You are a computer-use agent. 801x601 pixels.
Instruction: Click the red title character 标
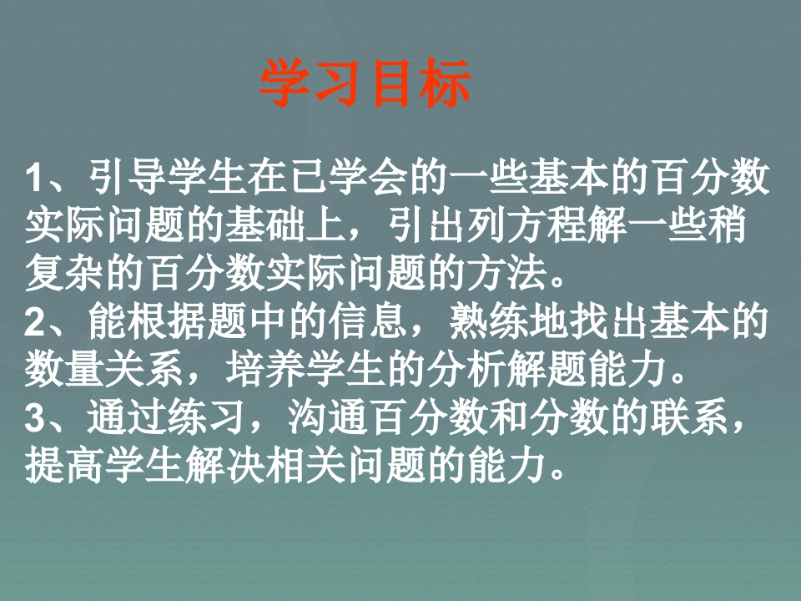pyautogui.click(x=445, y=83)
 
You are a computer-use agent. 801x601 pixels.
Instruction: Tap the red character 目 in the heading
pyautogui.click(x=391, y=83)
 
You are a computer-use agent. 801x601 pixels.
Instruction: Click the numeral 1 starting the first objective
pyautogui.click(x=35, y=177)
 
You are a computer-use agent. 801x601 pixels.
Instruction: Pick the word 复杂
pyautogui.click(x=64, y=273)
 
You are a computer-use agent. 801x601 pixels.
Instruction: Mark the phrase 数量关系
pyautogui.click(x=104, y=369)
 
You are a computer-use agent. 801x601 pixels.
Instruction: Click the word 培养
pyautogui.click(x=264, y=369)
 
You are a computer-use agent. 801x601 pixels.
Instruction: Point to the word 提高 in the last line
pyautogui.click(x=64, y=465)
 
